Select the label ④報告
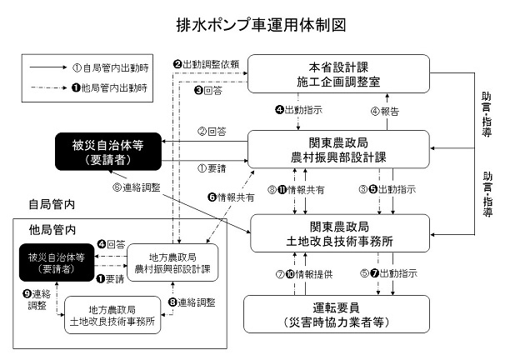(x=390, y=110)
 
